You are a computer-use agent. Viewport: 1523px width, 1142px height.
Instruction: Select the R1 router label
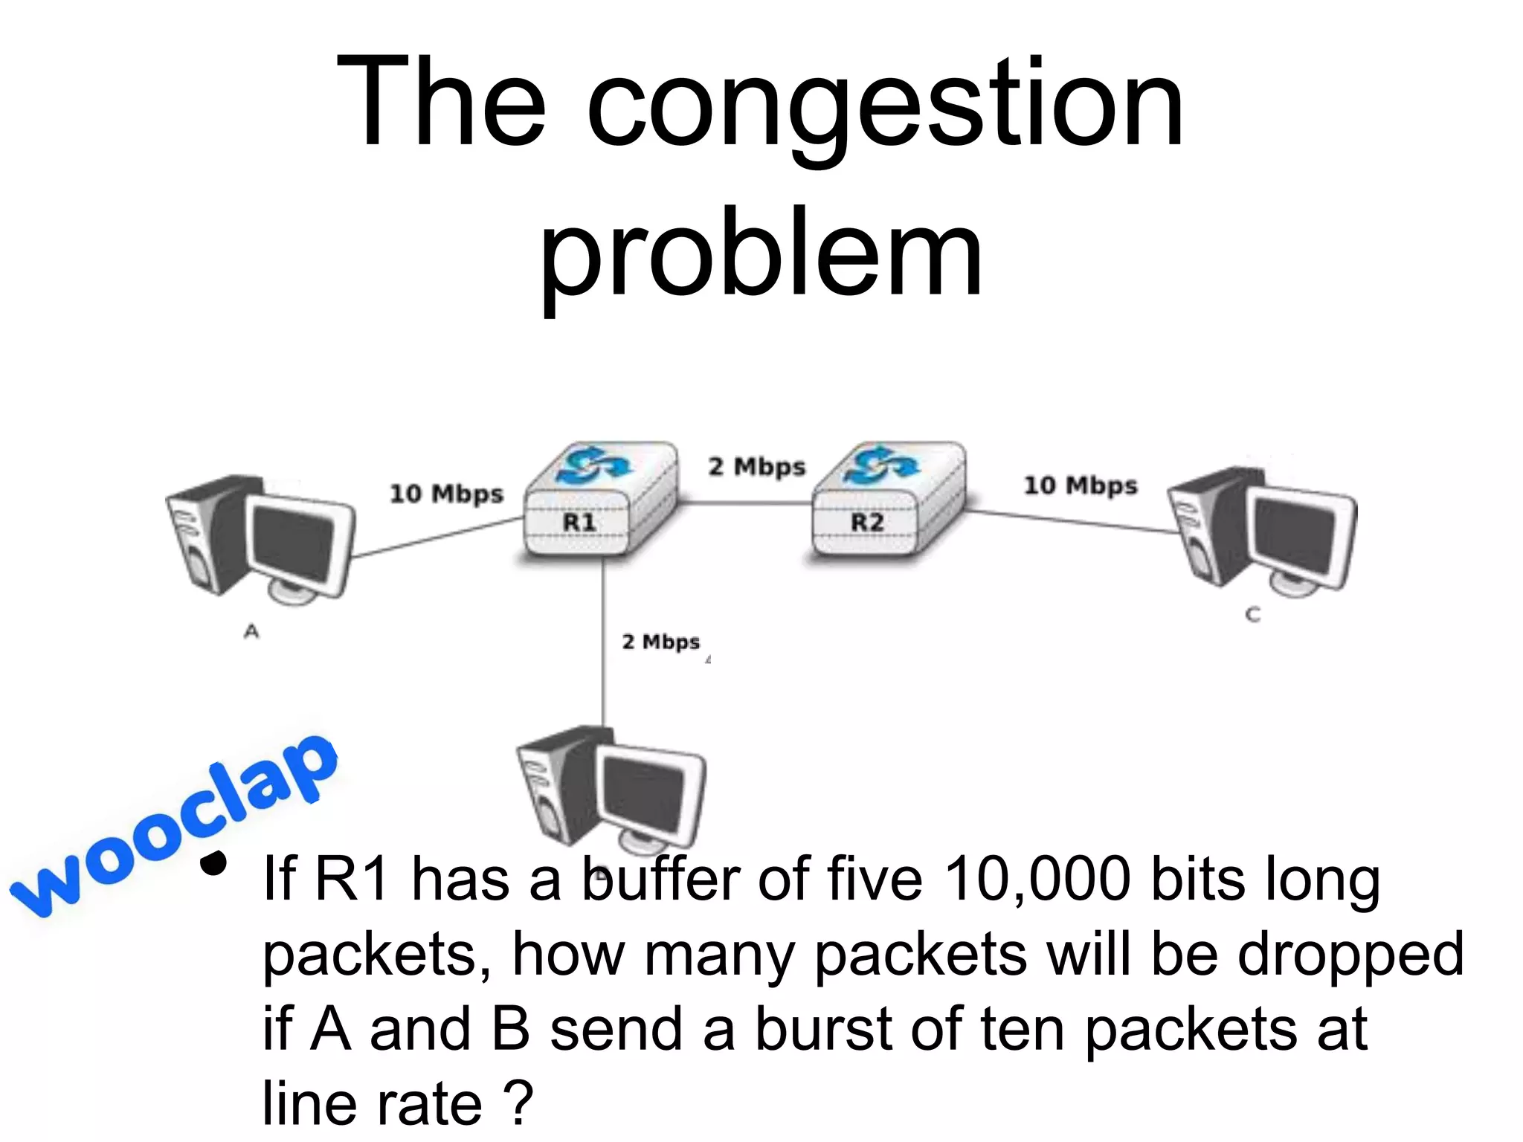pos(579,522)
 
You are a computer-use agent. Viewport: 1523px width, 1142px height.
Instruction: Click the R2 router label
pos(867,522)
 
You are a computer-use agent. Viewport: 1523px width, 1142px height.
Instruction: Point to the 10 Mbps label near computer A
pos(446,494)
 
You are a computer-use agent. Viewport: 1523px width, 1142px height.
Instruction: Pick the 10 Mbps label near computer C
pos(1081,485)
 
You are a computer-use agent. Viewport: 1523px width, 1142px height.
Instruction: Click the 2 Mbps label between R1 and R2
pos(756,467)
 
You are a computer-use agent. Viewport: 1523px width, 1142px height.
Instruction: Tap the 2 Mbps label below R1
pos(660,641)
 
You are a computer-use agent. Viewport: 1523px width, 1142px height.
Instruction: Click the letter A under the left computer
pos(252,632)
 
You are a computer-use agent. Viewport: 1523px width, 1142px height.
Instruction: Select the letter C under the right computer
pos(1253,615)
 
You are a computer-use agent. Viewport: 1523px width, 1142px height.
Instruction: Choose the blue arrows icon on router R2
pos(882,464)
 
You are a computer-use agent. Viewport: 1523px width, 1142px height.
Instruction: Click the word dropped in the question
pos(1350,955)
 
